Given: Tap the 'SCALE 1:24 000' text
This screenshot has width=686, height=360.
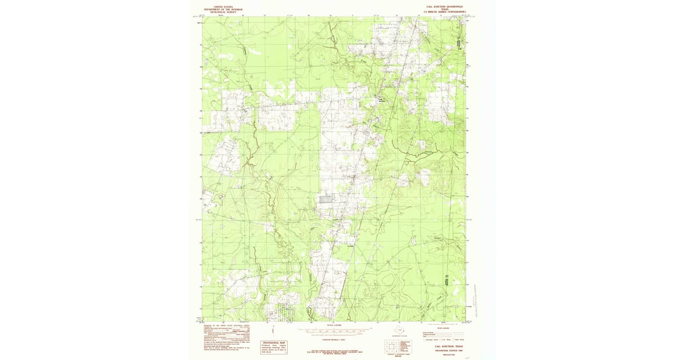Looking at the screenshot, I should click(333, 325).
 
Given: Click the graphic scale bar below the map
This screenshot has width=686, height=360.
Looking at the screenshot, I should click(333, 330).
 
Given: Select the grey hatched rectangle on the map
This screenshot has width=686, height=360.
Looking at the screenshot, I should click(326, 199).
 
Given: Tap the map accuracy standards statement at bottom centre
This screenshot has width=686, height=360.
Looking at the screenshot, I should click(333, 351).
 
